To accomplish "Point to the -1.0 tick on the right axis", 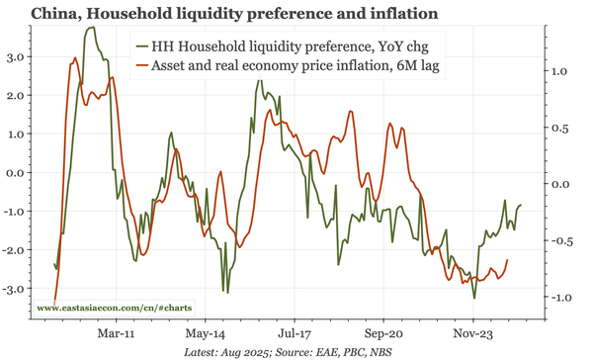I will [559, 298].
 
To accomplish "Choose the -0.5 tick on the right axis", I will [559, 241].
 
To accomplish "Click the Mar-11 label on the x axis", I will [116, 334].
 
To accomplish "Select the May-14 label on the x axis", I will [205, 334].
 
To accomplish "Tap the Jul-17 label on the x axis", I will [294, 334].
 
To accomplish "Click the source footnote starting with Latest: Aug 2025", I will [296, 351].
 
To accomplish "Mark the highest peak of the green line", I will [91, 29].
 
